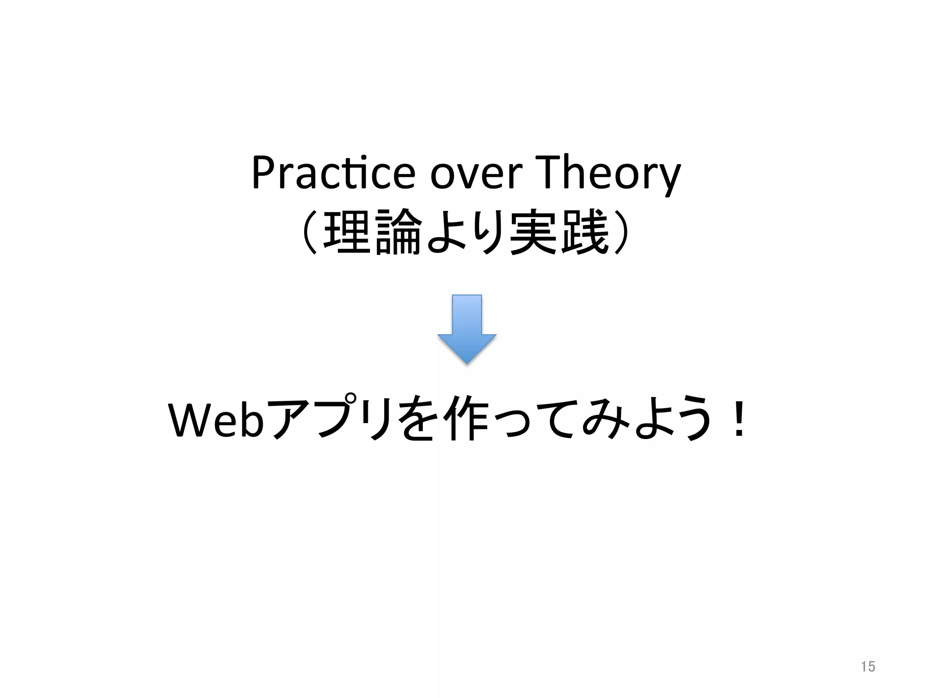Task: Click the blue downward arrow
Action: point(467,329)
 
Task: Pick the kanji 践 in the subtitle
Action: point(584,232)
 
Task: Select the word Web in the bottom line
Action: point(216,420)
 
